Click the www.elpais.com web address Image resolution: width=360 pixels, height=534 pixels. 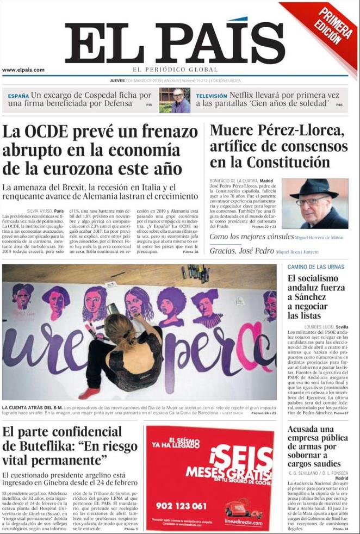23,70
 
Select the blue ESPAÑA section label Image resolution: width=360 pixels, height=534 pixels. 18,96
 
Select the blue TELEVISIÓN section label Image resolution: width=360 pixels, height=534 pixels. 212,96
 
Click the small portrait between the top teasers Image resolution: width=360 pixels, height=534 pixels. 174,100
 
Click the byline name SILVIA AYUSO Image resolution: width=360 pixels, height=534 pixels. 39,210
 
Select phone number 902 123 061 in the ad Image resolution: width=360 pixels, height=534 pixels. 181,506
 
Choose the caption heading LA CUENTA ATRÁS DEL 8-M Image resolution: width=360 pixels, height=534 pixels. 32,407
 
